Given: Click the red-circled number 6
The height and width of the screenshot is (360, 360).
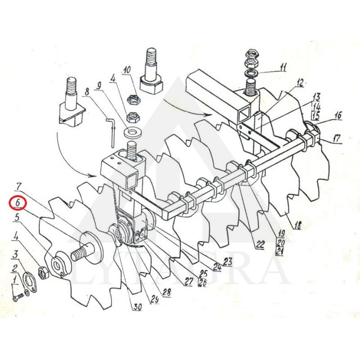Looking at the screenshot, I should (x=17, y=203).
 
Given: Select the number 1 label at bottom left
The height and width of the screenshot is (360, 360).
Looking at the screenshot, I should (x=16, y=280).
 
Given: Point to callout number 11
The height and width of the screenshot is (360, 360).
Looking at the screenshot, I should (x=283, y=68).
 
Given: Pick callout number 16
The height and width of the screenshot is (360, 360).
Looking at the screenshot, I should (x=337, y=116).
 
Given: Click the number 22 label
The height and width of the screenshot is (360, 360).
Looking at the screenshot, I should (x=260, y=245).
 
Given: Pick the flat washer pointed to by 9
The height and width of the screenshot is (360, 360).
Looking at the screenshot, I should (x=133, y=132).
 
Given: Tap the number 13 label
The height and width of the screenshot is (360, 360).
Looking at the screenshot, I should (x=316, y=97).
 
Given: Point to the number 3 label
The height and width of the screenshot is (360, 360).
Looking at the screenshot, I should (x=16, y=255).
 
